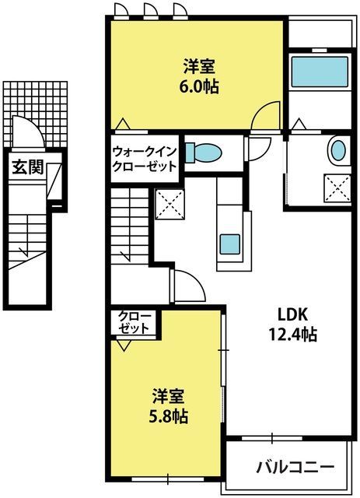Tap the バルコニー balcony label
[x=295, y=467]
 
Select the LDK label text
[x=292, y=314]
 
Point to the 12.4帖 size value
[x=292, y=334]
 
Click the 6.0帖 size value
[x=199, y=86]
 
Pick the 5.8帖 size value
[x=169, y=416]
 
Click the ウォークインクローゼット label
[x=145, y=159]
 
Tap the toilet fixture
[x=203, y=153]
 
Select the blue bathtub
[x=320, y=72]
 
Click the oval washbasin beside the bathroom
[x=337, y=150]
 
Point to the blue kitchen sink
[x=230, y=244]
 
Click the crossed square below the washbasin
[x=337, y=188]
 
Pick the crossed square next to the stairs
[x=170, y=204]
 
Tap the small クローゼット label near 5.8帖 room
[x=135, y=322]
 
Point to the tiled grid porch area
[x=36, y=114]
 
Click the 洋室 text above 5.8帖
[x=169, y=396]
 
